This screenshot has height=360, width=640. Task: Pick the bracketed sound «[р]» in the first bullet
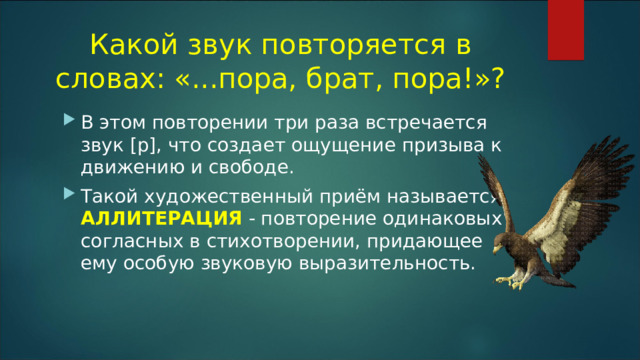coord(133,144)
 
